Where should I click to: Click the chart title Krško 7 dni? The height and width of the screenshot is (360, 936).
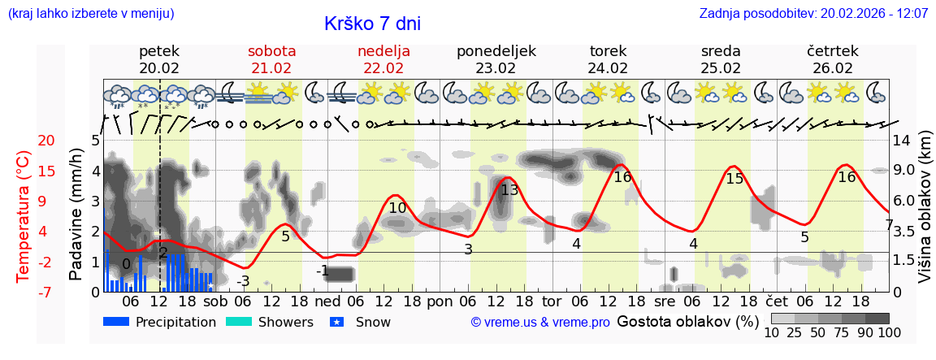pyautogui.click(x=372, y=24)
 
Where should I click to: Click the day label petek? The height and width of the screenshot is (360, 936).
pyautogui.click(x=159, y=51)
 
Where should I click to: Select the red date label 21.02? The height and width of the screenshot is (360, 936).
pyautogui.click(x=271, y=68)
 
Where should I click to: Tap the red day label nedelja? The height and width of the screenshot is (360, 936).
pyautogui.click(x=383, y=51)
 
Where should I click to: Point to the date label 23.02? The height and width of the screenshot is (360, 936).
pyautogui.click(x=496, y=68)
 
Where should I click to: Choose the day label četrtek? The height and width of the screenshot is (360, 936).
pyautogui.click(x=833, y=51)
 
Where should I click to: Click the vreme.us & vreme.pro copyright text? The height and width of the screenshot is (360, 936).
pyautogui.click(x=540, y=323)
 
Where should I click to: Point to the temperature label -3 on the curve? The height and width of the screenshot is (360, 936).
pyautogui.click(x=243, y=281)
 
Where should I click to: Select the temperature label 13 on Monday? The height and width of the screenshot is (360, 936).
pyautogui.click(x=509, y=190)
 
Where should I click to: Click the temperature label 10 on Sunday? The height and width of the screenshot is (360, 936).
pyautogui.click(x=397, y=208)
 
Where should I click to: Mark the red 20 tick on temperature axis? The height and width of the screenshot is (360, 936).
pyautogui.click(x=24, y=141)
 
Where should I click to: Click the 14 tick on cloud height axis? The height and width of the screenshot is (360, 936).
pyautogui.click(x=903, y=141)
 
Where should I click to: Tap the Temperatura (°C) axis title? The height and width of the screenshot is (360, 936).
pyautogui.click(x=24, y=216)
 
